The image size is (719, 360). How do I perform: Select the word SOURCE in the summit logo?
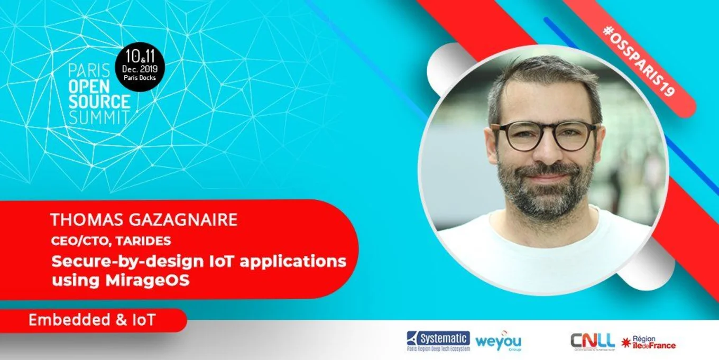tap(99, 101)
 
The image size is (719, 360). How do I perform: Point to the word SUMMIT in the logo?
tap(99, 116)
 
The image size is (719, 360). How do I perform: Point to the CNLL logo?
tap(592, 341)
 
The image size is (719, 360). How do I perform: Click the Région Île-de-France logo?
tap(649, 343)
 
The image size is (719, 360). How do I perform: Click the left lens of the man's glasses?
tap(513, 136)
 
